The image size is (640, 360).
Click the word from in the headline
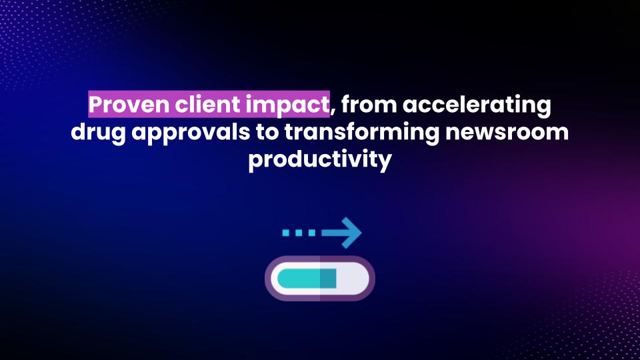tap(369, 104)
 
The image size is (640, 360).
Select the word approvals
tap(191, 133)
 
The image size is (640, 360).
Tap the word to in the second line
tap(267, 132)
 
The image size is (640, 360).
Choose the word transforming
tap(361, 133)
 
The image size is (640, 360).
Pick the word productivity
tap(320, 159)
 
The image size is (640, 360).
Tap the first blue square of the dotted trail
tap(286, 233)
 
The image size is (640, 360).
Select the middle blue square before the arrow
tap(299, 233)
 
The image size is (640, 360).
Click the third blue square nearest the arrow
tap(312, 233)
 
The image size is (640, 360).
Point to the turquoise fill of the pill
tap(299, 279)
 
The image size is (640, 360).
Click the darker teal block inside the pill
tap(328, 279)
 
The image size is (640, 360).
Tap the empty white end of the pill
tap(352, 279)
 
